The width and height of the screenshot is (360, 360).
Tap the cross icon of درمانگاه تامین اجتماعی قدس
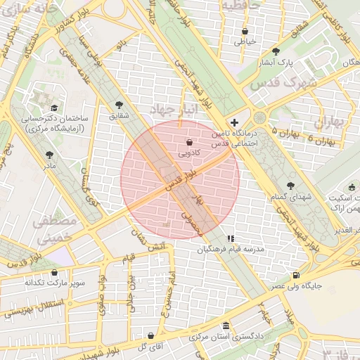pos(234,122)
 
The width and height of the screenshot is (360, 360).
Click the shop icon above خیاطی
pos(244,31)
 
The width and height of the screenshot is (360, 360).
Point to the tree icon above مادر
pos(49,155)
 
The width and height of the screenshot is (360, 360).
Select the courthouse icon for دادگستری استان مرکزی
pos(226,326)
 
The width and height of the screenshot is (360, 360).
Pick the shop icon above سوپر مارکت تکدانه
pos(54,272)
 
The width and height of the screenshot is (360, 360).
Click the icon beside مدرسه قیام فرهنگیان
pos(231,238)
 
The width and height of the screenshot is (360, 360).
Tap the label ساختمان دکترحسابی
pos(53,119)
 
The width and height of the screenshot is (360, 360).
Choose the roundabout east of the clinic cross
pos(259,117)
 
